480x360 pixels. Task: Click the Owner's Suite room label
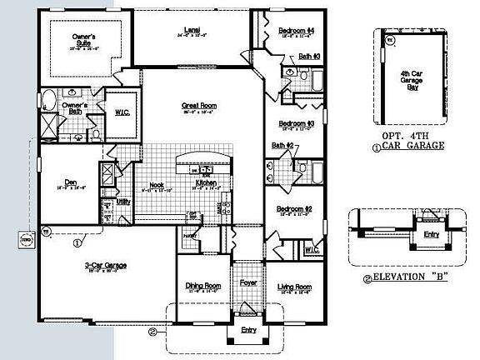pos(83,40)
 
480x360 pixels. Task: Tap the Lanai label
pos(191,31)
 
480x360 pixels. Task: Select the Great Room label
pos(197,106)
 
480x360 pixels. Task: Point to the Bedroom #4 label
pos(296,31)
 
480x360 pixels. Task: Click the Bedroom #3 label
pos(296,123)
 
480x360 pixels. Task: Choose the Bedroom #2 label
pos(295,208)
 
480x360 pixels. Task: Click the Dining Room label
pos(202,286)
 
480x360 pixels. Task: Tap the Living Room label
pos(294,286)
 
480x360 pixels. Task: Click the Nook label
pos(156,185)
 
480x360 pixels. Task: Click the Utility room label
pos(122,202)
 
